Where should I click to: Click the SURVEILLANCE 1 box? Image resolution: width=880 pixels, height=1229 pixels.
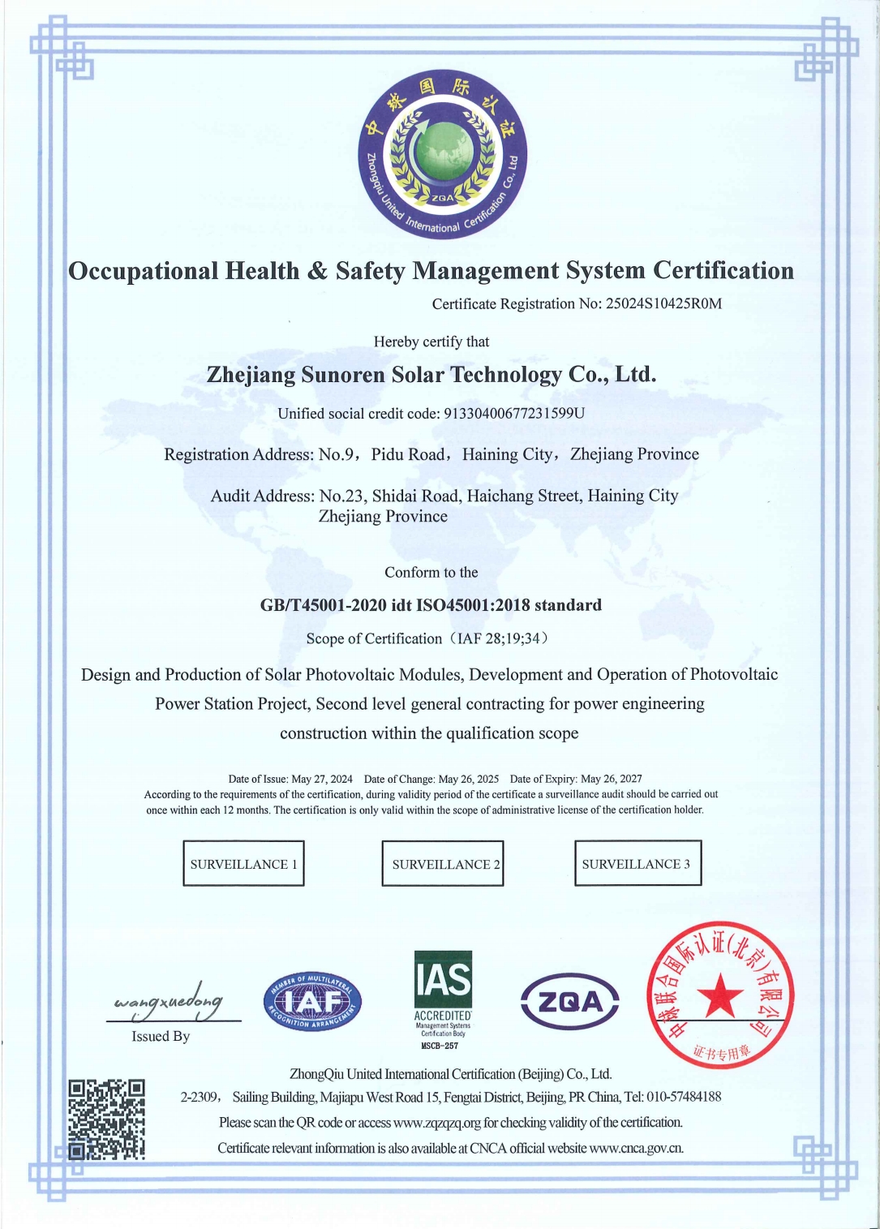pos(243,863)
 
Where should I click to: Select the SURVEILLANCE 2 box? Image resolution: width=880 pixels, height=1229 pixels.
pos(443,863)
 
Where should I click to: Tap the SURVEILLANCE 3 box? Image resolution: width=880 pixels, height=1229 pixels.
pos(637,863)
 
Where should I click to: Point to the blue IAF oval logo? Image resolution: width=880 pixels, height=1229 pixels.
pos(312,1003)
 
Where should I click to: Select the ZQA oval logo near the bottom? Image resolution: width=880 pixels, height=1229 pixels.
pos(569,1002)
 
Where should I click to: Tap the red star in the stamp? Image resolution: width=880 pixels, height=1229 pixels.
pos(720,997)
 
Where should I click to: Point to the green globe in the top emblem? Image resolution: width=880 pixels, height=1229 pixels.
pos(443,152)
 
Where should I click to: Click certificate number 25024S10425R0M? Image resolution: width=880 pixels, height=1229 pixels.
pos(663,304)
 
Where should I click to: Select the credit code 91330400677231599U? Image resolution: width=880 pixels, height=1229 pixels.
pos(513,414)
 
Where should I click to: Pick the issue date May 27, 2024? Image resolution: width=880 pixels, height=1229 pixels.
pos(322,779)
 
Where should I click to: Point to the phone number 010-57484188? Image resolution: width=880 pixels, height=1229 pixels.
pos(684,1097)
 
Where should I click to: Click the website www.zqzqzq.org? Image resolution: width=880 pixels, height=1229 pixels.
pos(437,1123)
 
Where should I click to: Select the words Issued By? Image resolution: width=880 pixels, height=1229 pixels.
pos(161,1037)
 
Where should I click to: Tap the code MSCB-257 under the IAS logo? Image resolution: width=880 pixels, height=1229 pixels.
pos(440,1046)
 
